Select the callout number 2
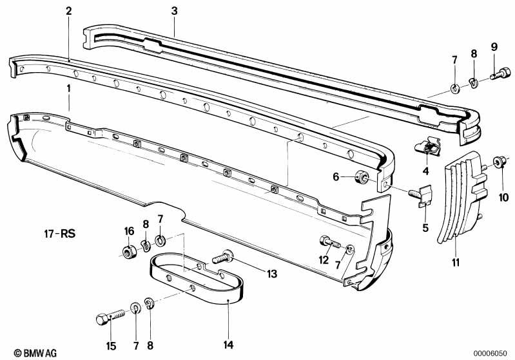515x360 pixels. pyautogui.click(x=69, y=11)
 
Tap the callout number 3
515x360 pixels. pyautogui.click(x=174, y=11)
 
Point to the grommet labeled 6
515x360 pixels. pyautogui.click(x=364, y=176)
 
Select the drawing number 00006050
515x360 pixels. pyautogui.click(x=490, y=353)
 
